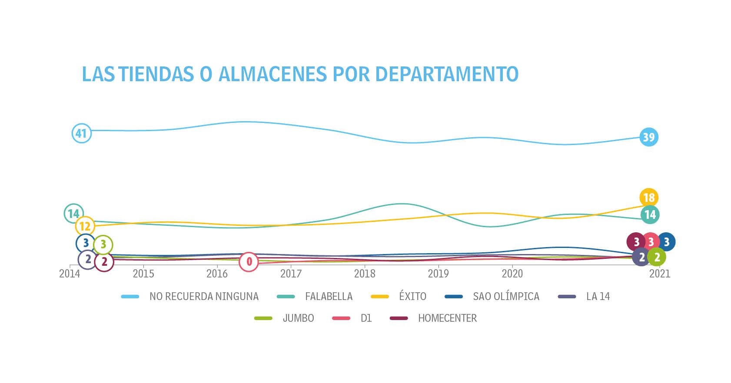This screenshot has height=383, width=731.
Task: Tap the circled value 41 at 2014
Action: coord(81,133)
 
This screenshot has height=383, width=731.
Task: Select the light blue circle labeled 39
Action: coord(648,137)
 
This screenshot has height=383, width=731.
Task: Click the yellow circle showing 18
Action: coord(649,198)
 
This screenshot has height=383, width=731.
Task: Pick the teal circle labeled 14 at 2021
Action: coord(650,215)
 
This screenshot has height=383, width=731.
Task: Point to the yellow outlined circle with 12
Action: coord(85,226)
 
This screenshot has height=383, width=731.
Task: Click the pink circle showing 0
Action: coord(249,261)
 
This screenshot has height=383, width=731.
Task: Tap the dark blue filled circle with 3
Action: coord(666,242)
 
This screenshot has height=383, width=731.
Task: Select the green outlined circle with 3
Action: coord(103,245)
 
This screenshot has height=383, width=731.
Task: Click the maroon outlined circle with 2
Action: coord(104,262)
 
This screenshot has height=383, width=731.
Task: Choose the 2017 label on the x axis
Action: coord(291,274)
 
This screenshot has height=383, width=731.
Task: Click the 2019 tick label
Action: coord(438,274)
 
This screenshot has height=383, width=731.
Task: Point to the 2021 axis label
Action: coord(659,274)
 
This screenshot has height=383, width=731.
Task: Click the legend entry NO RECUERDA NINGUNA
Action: coord(203,297)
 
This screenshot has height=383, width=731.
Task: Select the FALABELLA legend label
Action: coord(329,297)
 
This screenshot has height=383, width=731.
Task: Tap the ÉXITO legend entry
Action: coord(412,297)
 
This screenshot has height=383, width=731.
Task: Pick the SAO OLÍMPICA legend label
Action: coord(506,297)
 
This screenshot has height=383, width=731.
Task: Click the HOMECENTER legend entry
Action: coord(447,318)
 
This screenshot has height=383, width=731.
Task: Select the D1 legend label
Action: coord(366,318)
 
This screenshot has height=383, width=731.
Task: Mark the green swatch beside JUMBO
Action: coord(263,318)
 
